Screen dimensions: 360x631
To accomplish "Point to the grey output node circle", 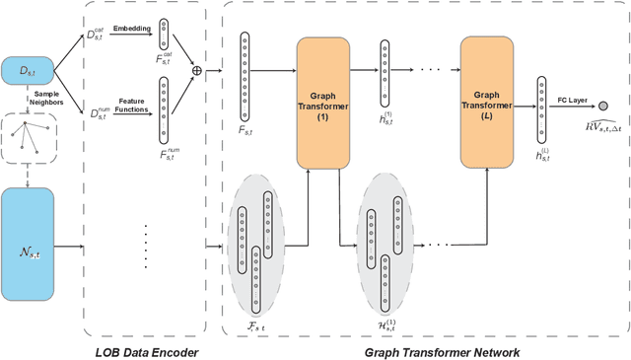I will click(602, 105).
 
